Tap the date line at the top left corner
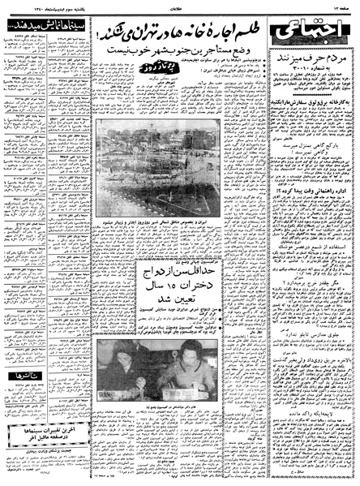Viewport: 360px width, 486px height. pos(38,7)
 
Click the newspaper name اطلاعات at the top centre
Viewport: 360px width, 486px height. pos(180,7)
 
